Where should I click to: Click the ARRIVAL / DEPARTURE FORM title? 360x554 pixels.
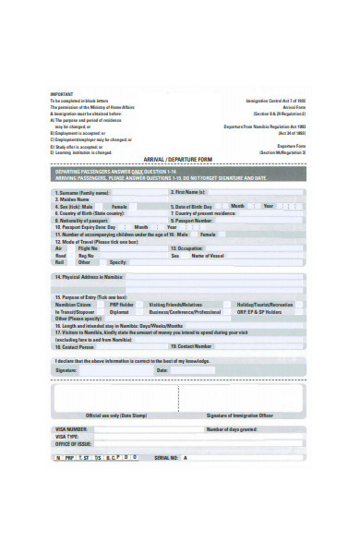click(x=181, y=159)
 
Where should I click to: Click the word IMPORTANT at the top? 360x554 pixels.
click(x=62, y=94)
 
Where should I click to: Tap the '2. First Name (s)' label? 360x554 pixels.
click(x=187, y=191)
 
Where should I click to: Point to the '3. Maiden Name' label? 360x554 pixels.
click(x=74, y=199)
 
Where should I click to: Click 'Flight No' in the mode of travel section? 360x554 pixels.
click(x=89, y=248)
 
